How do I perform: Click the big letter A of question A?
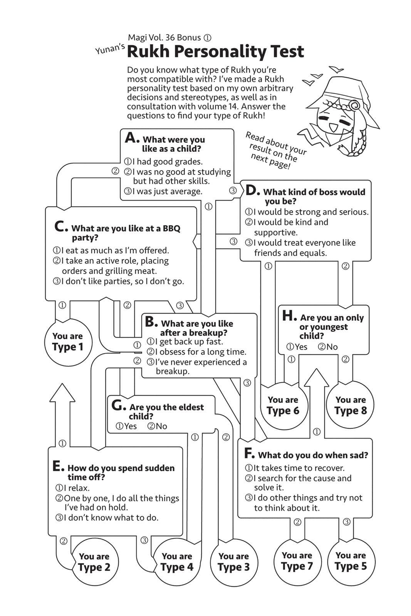pos(131,137)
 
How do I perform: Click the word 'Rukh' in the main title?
pos(148,52)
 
